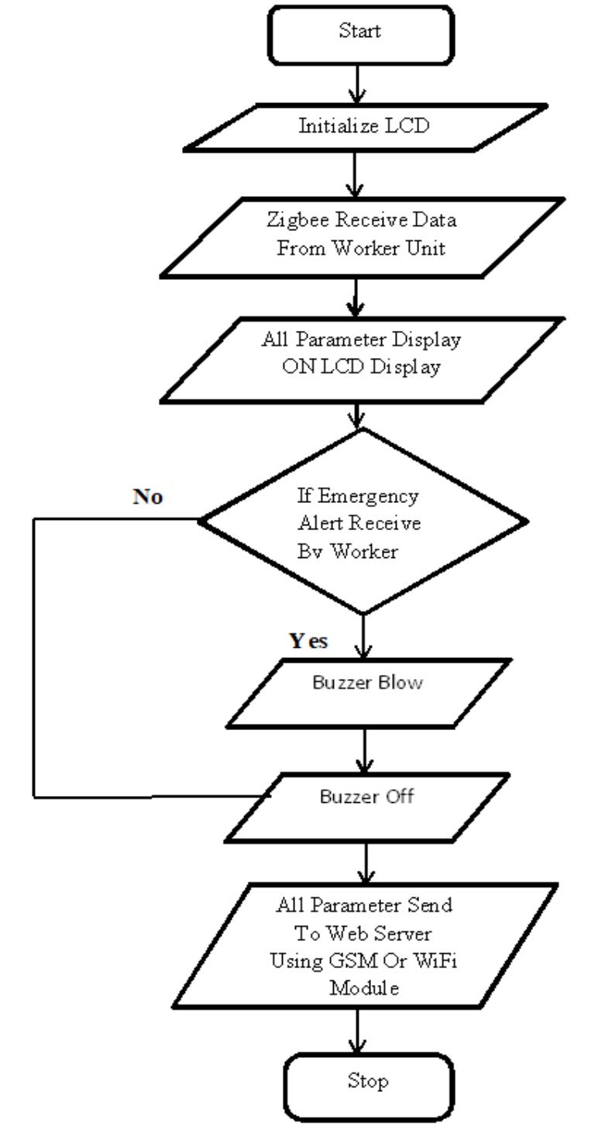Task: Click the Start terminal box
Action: [360, 33]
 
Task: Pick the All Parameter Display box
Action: [362, 358]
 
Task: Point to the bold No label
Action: [147, 497]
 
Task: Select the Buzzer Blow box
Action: [368, 693]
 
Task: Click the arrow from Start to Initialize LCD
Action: [357, 84]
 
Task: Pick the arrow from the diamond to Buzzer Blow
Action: [363, 635]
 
